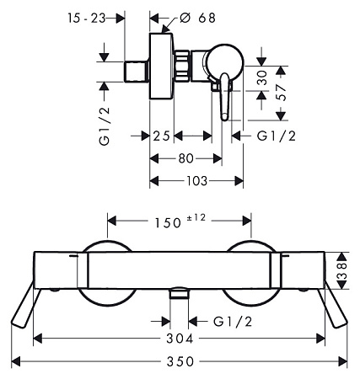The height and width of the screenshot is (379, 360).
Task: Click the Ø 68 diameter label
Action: [x=197, y=18]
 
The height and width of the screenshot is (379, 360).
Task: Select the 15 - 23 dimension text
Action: [x=86, y=19]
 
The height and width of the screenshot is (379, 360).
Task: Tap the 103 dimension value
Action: [x=197, y=181]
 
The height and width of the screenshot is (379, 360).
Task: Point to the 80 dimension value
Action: [x=186, y=158]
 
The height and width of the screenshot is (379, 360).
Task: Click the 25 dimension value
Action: [x=162, y=136]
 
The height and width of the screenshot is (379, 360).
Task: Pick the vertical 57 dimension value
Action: [x=282, y=93]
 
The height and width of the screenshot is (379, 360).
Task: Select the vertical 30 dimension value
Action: [x=262, y=77]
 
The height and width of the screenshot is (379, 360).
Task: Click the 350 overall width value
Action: [x=180, y=361]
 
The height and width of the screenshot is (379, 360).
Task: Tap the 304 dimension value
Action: [x=180, y=339]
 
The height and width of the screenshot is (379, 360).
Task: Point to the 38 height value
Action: [x=341, y=271]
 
